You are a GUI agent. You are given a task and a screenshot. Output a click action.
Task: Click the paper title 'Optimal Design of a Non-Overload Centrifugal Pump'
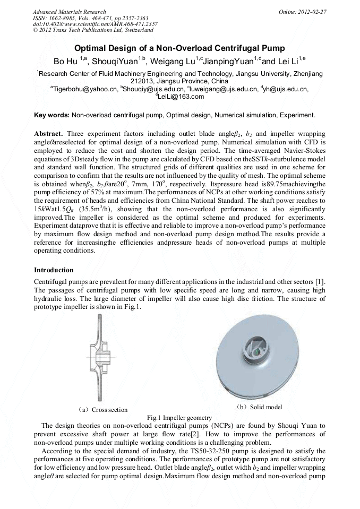coord(179,48)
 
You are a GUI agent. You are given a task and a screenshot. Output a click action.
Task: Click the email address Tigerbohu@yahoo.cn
coord(84,89)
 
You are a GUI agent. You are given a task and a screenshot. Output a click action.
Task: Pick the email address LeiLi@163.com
coord(181,97)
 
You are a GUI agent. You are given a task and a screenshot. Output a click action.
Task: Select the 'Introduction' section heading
coord(54,270)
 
